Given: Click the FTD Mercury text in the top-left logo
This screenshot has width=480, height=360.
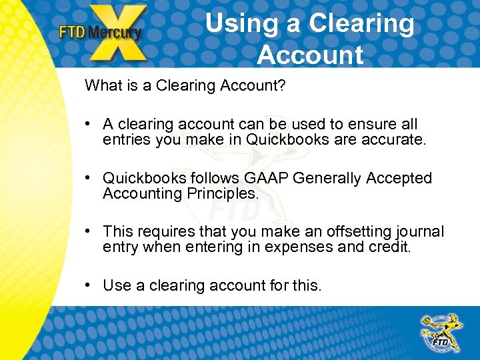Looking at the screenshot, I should (x=100, y=32).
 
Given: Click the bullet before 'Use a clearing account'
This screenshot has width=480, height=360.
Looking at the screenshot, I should (x=88, y=286).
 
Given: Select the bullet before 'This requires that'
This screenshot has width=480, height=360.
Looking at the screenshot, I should (x=88, y=232).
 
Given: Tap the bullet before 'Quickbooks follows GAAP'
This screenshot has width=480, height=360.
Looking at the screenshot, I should (x=88, y=179).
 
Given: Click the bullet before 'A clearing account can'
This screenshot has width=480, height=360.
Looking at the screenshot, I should (x=88, y=124).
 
